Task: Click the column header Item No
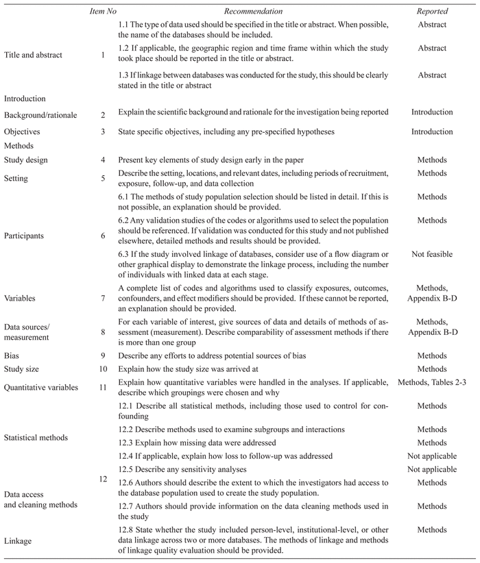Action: pos(102,12)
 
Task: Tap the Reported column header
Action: pos(432,12)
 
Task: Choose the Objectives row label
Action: pos(23,132)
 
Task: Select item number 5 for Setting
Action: pos(102,179)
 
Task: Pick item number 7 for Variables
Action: pos(102,299)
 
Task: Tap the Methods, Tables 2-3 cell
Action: pos(432,382)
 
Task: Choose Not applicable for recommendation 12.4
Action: pos(432,455)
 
